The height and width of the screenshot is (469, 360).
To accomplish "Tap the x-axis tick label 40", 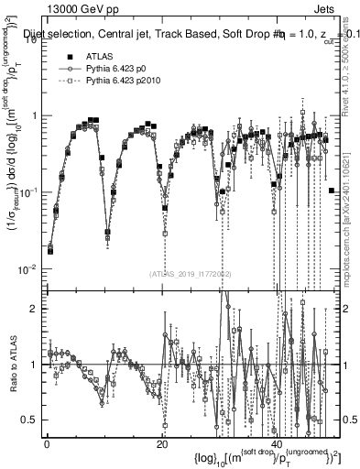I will [x=277, y=443].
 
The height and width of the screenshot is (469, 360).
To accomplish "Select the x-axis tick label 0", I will [x=47, y=443].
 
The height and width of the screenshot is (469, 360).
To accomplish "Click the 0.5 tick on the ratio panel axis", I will [x=35, y=420].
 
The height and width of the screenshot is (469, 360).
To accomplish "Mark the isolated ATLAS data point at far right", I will [x=331, y=190].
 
